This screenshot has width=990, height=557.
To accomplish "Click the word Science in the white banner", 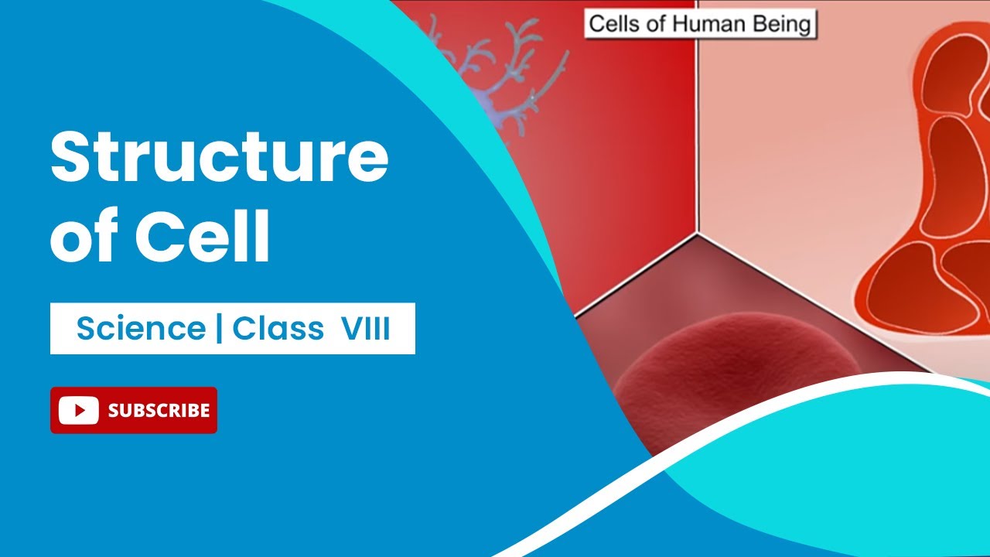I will click(x=141, y=330).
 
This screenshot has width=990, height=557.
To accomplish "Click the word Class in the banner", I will click(x=278, y=330).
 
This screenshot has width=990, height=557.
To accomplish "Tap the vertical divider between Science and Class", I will click(x=219, y=330).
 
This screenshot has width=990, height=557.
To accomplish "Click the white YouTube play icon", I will click(x=78, y=410).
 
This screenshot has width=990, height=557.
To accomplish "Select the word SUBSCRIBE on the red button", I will click(x=159, y=410).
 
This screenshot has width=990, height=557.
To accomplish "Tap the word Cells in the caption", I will click(x=616, y=24).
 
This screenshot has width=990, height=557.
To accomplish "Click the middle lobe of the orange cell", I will click(x=955, y=178).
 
